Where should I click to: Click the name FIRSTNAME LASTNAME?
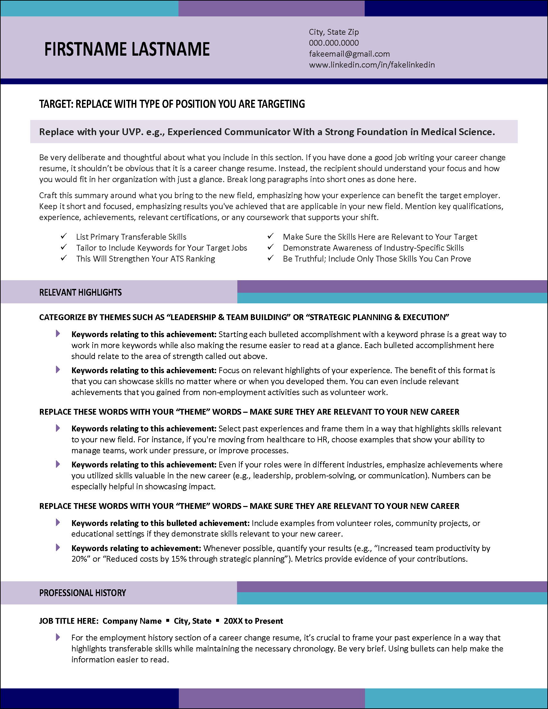127,49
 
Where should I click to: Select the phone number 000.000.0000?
333,43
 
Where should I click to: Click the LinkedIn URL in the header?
371,65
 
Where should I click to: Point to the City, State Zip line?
333,32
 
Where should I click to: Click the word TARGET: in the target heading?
56,104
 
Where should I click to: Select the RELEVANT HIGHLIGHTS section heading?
80,292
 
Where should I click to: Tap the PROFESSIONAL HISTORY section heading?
82,593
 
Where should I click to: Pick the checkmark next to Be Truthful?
270,258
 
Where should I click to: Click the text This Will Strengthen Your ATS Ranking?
145,259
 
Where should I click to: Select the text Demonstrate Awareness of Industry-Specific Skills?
373,248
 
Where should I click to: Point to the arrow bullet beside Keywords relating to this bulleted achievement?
58,522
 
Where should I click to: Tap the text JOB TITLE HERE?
68,621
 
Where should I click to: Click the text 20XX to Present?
253,621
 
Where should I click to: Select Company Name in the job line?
132,621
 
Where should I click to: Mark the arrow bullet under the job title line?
58,637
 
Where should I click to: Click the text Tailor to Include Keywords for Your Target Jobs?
161,248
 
